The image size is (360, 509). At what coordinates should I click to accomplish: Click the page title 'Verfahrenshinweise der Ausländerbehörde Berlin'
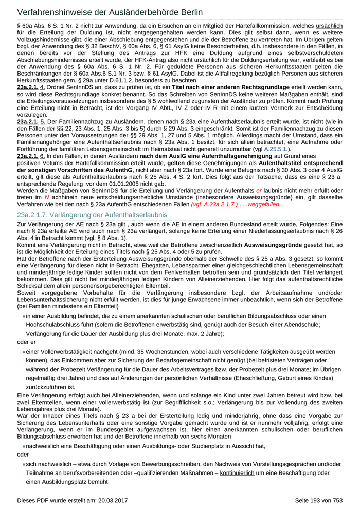click(x=110, y=12)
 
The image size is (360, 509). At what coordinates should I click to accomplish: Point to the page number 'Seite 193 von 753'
click(x=318, y=500)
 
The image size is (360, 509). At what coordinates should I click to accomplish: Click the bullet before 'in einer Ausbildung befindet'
click(x=24, y=316)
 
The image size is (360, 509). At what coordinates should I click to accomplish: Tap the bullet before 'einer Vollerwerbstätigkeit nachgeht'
click(x=24, y=352)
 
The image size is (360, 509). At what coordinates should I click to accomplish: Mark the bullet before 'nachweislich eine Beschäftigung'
click(x=24, y=446)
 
